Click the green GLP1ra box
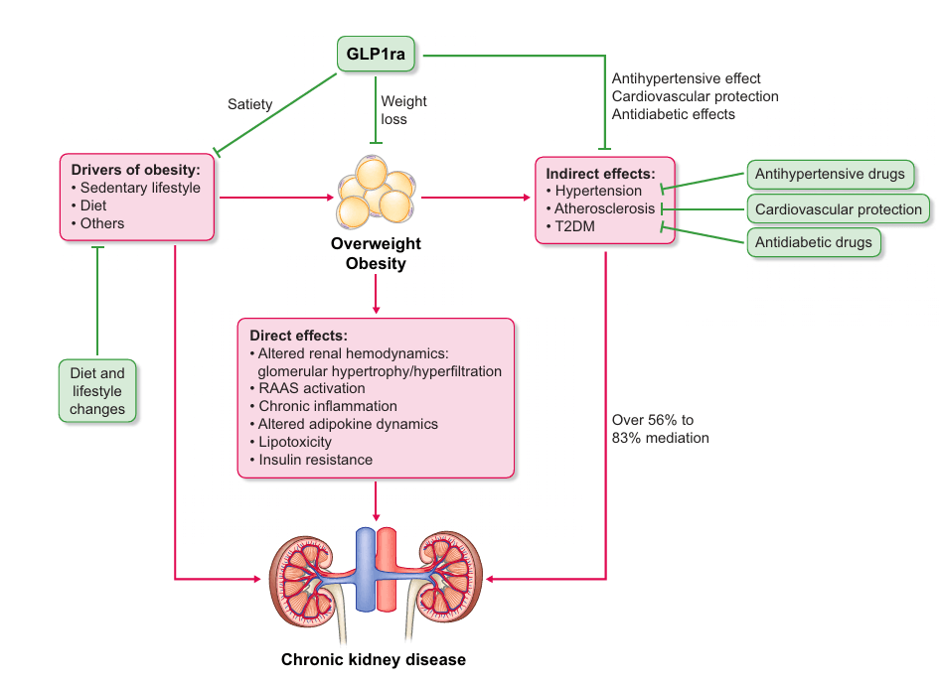[375, 54]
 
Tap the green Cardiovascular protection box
[838, 209]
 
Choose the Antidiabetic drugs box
[813, 242]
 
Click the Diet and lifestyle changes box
[97, 390]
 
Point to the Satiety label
[249, 104]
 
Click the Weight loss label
[403, 110]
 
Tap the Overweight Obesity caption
[376, 253]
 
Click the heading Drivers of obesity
[135, 170]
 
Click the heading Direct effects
[297, 336]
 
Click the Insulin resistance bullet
[314, 460]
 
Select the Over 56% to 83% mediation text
[660, 429]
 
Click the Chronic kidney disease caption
[373, 659]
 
